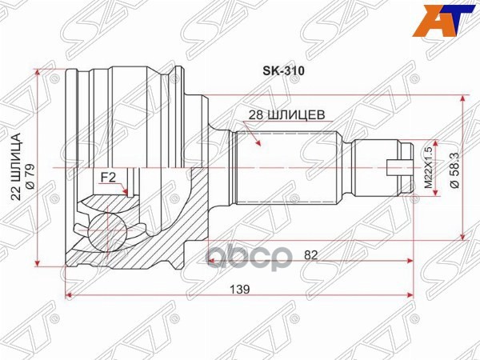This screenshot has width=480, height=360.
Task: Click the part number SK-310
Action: click(281, 70)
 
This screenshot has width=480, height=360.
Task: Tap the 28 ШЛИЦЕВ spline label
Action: click(283, 114)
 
